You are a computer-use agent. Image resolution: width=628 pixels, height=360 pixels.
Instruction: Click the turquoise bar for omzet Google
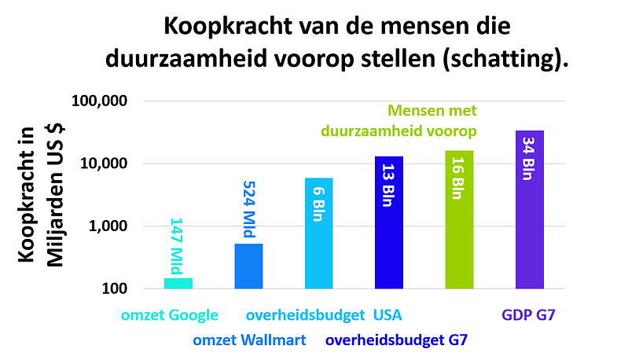click(178, 283)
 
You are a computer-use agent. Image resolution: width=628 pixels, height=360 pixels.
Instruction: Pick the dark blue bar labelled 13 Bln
click(389, 222)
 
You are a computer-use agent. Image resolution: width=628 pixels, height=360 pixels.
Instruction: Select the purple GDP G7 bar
click(530, 210)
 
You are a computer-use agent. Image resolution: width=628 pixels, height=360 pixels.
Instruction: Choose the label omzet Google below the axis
click(169, 316)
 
